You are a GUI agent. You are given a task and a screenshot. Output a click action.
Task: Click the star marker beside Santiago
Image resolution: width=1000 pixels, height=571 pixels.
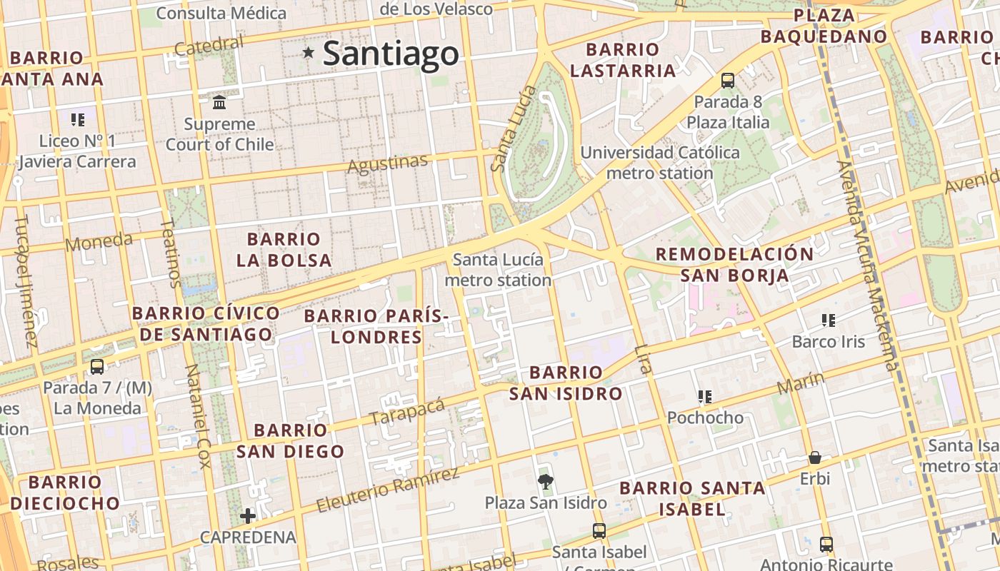[x=309, y=52]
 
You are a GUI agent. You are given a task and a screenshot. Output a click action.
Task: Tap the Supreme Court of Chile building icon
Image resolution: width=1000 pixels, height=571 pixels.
[x=219, y=103]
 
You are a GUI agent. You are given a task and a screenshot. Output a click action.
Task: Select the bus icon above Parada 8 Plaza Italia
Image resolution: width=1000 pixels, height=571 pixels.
[x=728, y=81]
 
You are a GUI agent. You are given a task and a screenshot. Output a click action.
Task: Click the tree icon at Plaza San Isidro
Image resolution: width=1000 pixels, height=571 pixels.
[x=546, y=482]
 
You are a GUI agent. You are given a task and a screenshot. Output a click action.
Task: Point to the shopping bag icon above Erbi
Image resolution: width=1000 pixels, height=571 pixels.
[x=815, y=458]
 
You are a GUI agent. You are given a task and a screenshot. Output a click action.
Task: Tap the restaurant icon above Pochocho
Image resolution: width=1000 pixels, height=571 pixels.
[x=705, y=397]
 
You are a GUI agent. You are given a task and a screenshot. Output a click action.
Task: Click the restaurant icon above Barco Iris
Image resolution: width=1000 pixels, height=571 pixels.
[x=828, y=320]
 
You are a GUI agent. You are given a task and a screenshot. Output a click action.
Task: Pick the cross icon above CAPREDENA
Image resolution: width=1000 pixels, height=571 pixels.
[x=248, y=515]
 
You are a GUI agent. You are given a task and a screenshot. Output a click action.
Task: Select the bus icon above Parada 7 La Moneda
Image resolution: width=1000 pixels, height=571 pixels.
[x=97, y=367]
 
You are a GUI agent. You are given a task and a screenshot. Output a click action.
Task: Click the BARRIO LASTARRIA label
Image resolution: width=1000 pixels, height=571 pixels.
[x=623, y=60]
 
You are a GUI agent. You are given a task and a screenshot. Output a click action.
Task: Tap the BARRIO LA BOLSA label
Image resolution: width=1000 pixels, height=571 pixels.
[x=284, y=250]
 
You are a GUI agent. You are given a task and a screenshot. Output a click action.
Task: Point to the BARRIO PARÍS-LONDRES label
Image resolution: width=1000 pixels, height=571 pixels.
[x=376, y=326]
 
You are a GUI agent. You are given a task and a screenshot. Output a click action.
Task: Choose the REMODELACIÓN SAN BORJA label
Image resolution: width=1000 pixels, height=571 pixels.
[x=734, y=265]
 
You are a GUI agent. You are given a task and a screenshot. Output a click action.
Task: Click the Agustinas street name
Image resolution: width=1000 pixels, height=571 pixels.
[x=387, y=164]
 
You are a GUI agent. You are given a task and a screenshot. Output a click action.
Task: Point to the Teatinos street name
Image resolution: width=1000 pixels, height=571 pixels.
[x=171, y=253]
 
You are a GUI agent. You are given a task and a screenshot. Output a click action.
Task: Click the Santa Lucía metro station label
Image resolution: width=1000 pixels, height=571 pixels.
[x=498, y=270]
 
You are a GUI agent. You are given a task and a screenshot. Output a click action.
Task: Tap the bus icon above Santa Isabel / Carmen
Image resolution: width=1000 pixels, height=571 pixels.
[x=599, y=531]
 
